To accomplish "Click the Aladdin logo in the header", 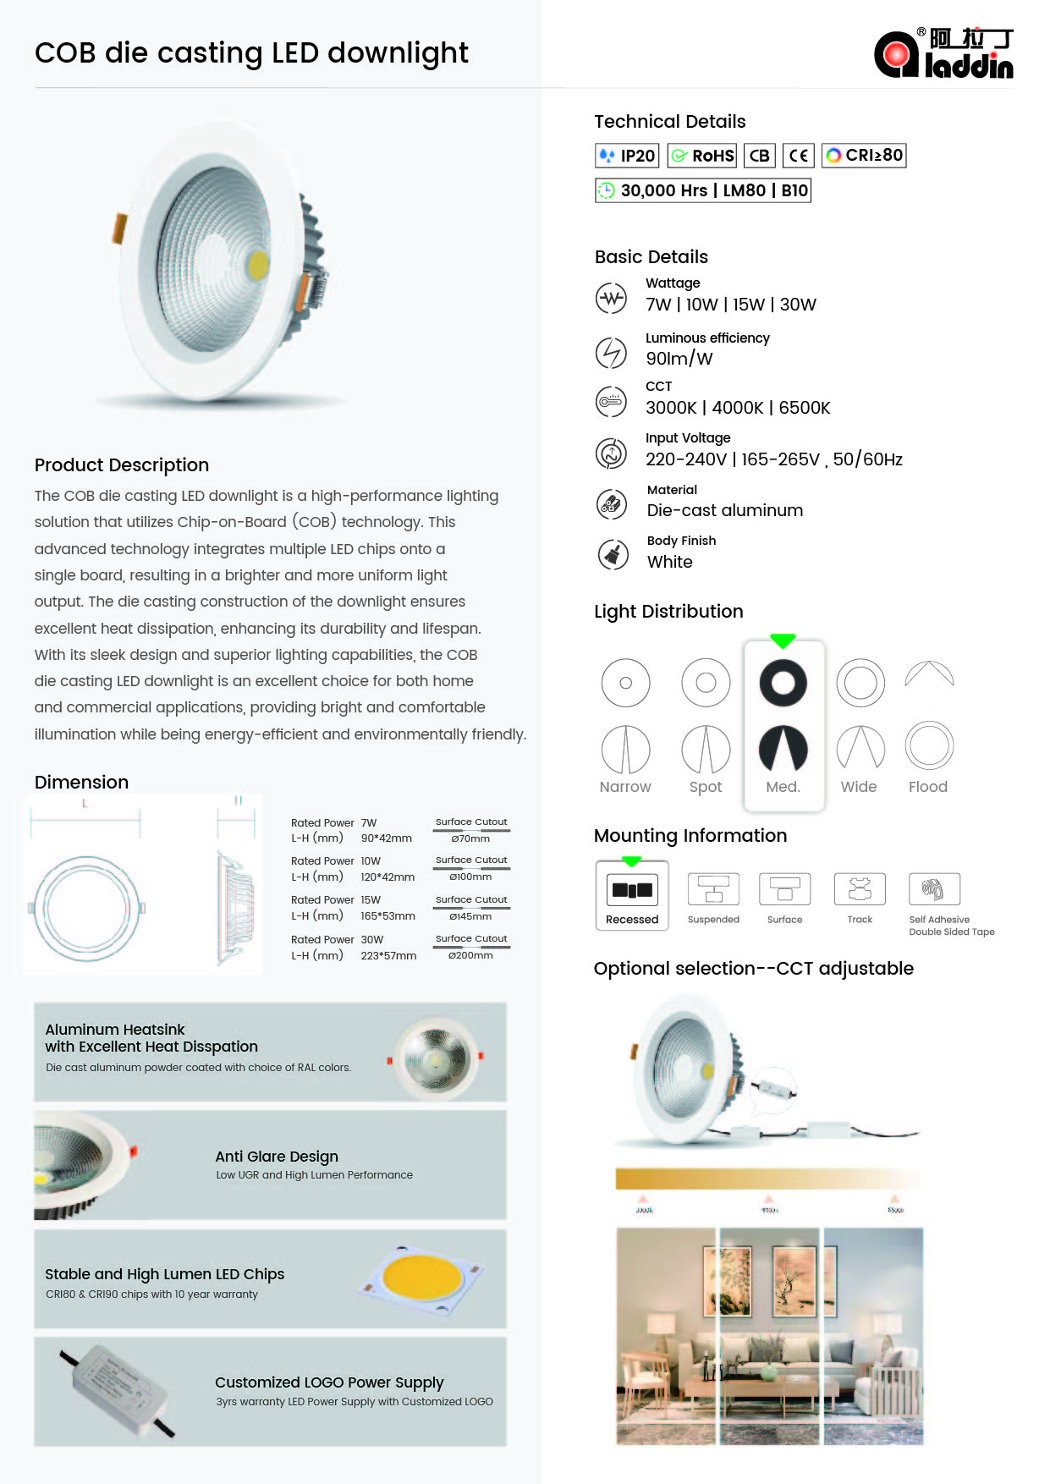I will click(943, 53).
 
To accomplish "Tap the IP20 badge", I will click(627, 156).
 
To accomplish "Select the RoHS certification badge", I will click(702, 156).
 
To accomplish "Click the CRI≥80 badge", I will click(864, 156).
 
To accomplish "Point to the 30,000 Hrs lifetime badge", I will click(702, 190).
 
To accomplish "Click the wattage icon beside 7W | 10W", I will click(611, 298).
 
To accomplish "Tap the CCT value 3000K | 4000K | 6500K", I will click(738, 408).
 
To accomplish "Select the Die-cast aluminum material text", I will click(725, 510).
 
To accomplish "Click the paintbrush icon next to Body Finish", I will click(613, 555).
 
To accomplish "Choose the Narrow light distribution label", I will click(625, 787).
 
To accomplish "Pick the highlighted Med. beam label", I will click(783, 787).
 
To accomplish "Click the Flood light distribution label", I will click(927, 787).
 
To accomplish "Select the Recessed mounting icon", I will click(632, 890).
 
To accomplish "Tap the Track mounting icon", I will click(860, 889).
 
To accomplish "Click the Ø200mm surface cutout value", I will click(470, 955).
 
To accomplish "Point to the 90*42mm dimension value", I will click(387, 838).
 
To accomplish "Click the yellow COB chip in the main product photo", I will click(258, 265).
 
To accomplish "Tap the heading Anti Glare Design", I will click(277, 1157).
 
